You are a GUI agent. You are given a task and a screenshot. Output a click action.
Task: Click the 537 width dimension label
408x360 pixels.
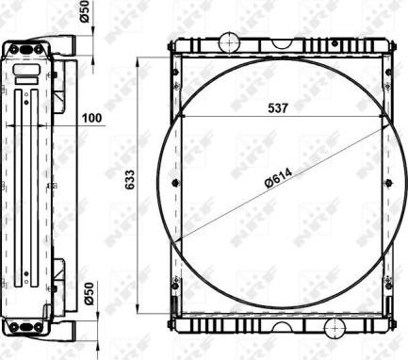pyautogui.click(x=278, y=108)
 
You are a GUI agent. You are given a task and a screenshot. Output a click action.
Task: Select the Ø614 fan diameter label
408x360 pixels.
pyautogui.click(x=279, y=178)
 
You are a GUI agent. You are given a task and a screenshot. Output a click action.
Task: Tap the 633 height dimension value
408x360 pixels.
pyautogui.click(x=129, y=180)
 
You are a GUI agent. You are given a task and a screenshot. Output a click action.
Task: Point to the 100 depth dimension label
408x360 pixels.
pyautogui.click(x=91, y=118)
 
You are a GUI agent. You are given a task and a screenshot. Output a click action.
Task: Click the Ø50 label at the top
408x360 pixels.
pyautogui.click(x=85, y=11)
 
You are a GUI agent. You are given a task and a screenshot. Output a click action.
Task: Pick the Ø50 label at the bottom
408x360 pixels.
pyautogui.click(x=89, y=293)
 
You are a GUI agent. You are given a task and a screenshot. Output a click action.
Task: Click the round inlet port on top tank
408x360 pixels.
pyautogui.click(x=229, y=42)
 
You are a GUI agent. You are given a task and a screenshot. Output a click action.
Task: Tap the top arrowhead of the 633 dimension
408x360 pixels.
pyautogui.click(x=138, y=62)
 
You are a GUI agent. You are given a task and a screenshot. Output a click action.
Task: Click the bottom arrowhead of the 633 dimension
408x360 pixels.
pyautogui.click(x=138, y=308)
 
